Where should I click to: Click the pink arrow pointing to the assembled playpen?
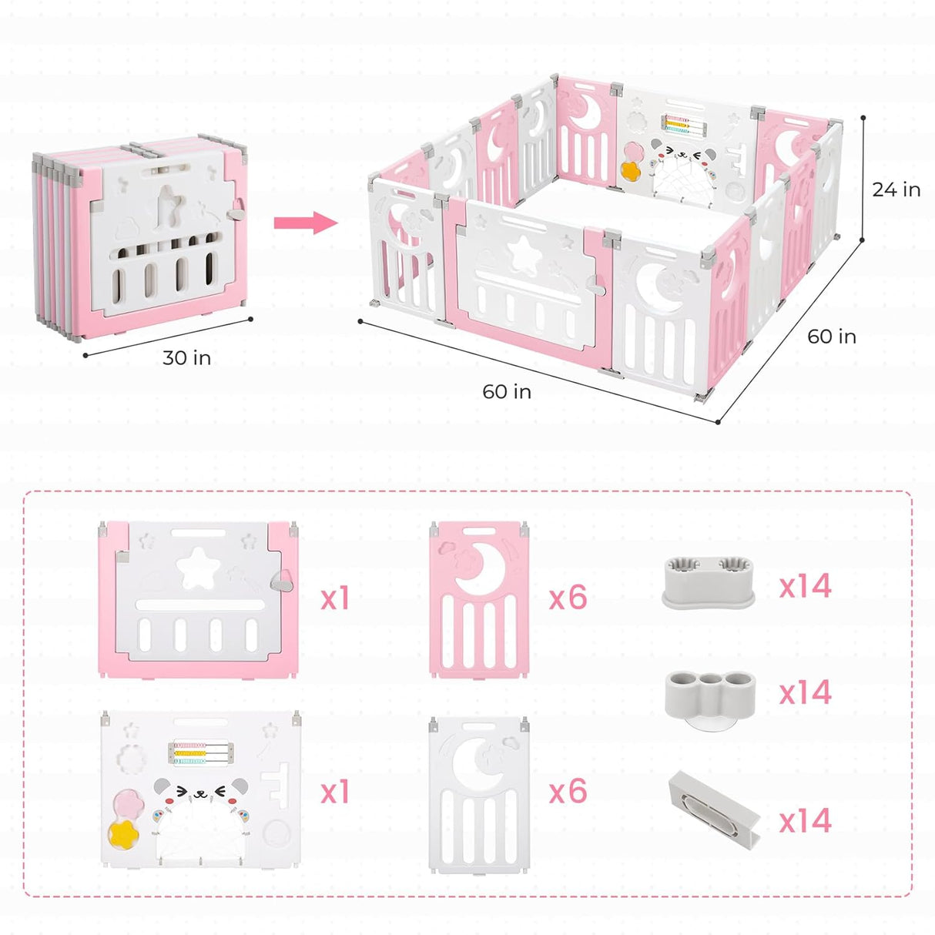305,223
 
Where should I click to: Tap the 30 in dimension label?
186,358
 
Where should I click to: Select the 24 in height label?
896,189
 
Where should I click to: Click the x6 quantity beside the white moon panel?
568,792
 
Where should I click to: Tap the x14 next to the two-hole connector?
805,587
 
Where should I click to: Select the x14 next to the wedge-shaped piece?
805,821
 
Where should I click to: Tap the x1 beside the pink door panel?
335,598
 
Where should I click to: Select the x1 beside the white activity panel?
335,792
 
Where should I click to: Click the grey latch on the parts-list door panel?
285,581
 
